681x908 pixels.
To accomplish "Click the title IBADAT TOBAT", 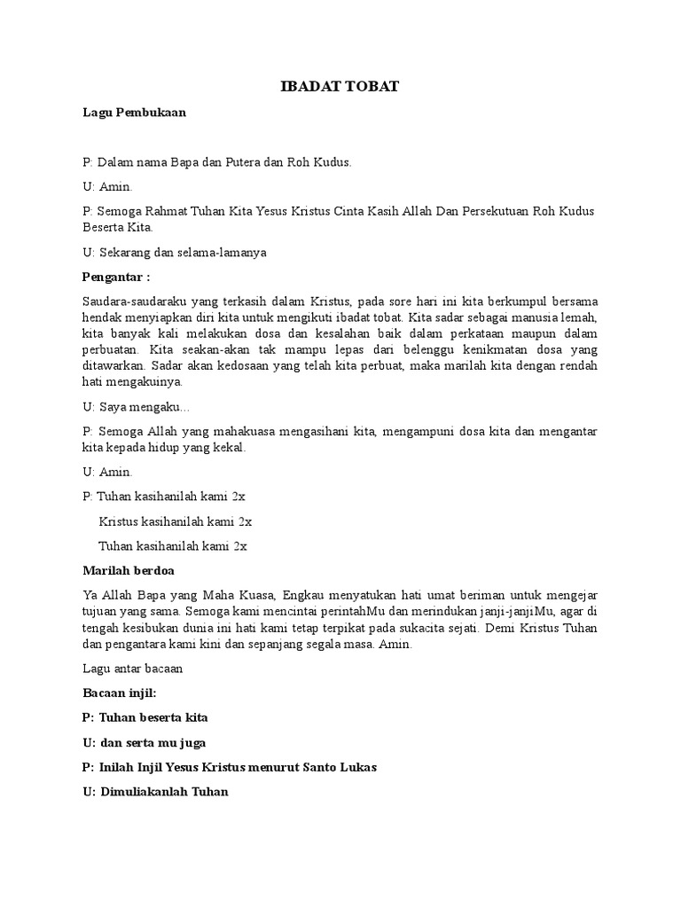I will (x=340, y=86).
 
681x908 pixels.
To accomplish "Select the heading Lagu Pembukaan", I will (x=134, y=113).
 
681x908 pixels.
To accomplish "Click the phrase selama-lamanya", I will (x=222, y=252).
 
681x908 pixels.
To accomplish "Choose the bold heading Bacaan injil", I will (x=121, y=693).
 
